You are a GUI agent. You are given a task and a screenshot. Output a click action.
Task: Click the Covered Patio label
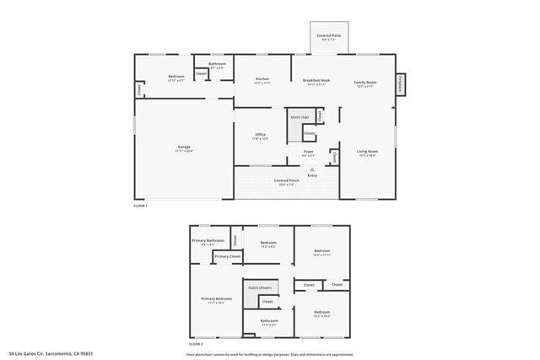329,35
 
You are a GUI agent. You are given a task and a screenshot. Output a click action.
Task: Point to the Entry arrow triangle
312,169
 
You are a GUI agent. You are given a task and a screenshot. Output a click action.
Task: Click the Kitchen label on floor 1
262,80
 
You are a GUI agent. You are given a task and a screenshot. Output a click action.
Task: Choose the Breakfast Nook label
316,80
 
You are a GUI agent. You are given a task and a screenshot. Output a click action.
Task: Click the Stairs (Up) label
300,116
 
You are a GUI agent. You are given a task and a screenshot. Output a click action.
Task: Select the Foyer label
309,152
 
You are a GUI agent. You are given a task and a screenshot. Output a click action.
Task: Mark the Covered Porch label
287,180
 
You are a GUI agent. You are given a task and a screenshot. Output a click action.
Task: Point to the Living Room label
367,152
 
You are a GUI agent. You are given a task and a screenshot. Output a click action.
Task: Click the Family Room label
365,82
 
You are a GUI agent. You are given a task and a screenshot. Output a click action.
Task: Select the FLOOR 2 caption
196,345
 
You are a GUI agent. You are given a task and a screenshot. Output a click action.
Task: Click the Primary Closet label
227,256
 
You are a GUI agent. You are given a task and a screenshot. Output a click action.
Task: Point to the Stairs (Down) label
259,287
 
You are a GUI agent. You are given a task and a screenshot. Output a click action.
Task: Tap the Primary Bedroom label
216,298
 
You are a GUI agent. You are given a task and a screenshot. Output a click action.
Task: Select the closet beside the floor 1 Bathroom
201,74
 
